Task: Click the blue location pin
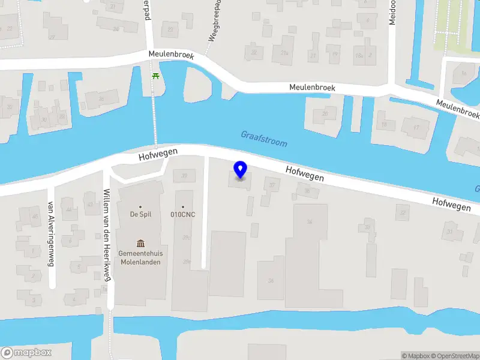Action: click(241, 170)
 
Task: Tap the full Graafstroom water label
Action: click(264, 139)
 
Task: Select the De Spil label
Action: click(140, 214)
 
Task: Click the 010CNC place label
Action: click(183, 214)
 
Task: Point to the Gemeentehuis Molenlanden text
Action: click(140, 258)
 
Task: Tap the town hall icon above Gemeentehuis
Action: click(140, 243)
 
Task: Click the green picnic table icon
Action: click(155, 75)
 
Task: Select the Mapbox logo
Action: click(26, 353)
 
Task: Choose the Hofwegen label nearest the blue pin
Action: click(305, 174)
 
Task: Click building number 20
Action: click(325, 113)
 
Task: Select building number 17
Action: click(416, 127)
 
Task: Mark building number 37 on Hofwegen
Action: click(273, 186)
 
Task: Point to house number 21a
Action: click(284, 53)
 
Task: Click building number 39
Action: click(184, 175)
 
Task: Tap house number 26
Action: click(101, 98)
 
